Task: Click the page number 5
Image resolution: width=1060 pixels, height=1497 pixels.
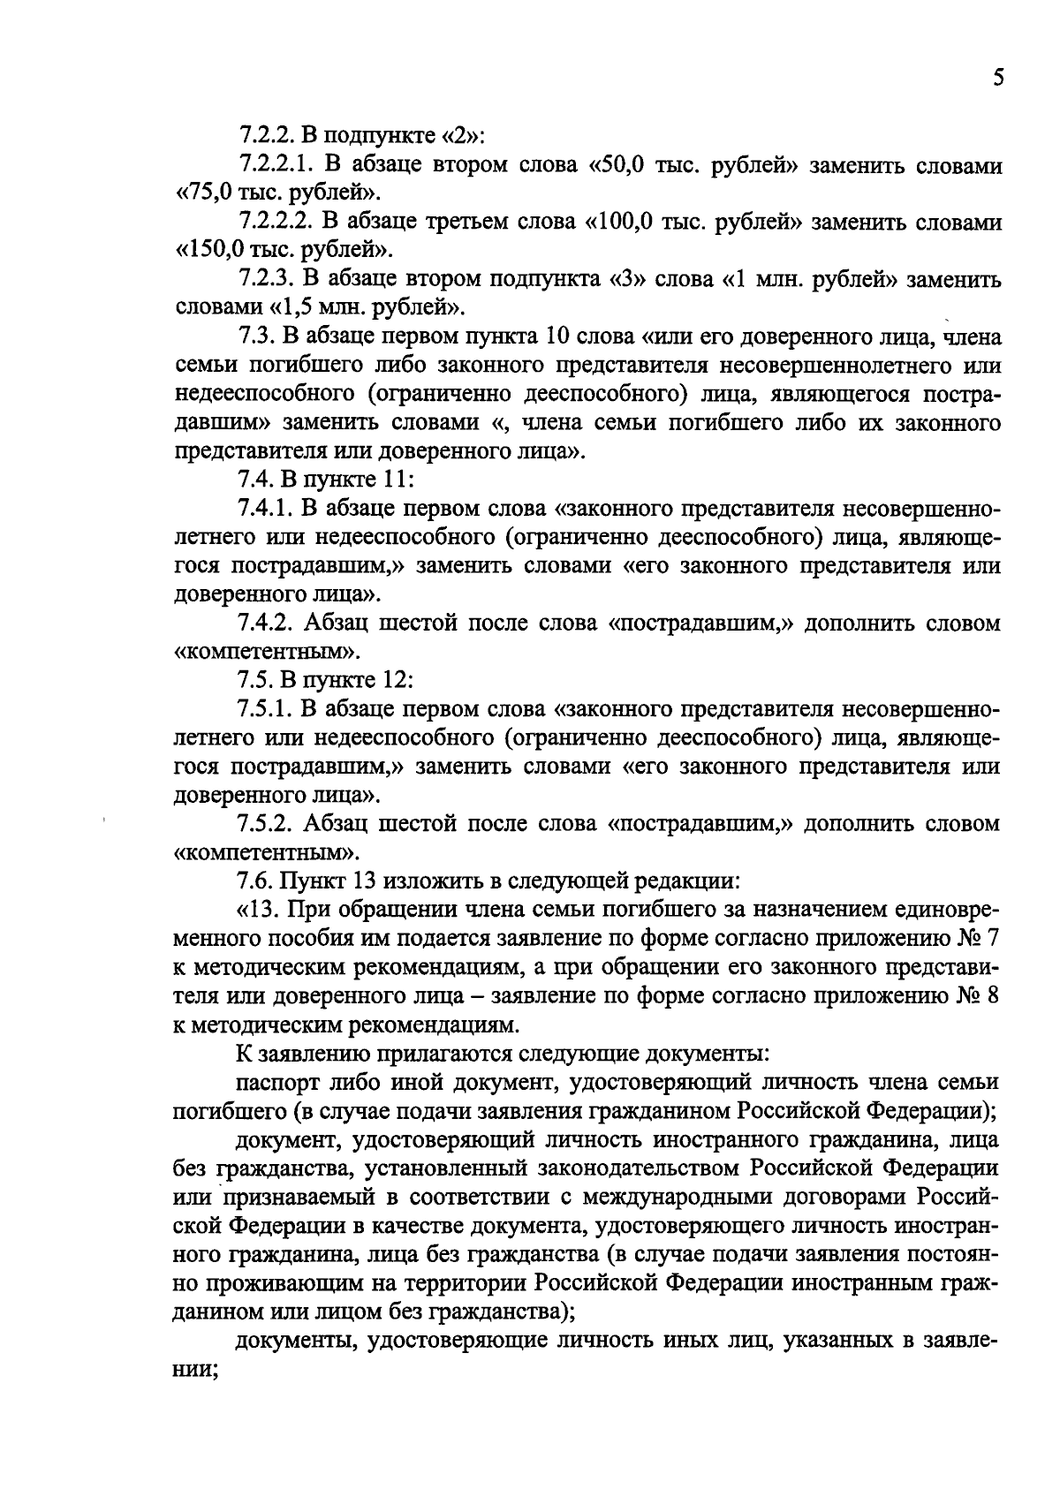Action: [x=997, y=78]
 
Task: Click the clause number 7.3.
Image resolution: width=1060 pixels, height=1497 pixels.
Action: [x=257, y=336]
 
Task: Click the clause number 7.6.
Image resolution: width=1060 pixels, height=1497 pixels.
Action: [x=257, y=881]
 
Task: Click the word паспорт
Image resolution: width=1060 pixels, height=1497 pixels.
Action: [x=273, y=1081]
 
